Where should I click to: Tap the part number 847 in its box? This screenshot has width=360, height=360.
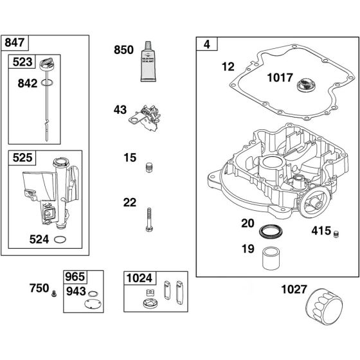[14, 43]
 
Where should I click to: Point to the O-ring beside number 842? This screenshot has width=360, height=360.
[46, 83]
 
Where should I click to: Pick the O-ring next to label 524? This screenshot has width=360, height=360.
[60, 241]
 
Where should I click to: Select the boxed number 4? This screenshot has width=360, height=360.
[206, 44]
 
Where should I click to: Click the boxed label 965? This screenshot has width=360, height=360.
[75, 276]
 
